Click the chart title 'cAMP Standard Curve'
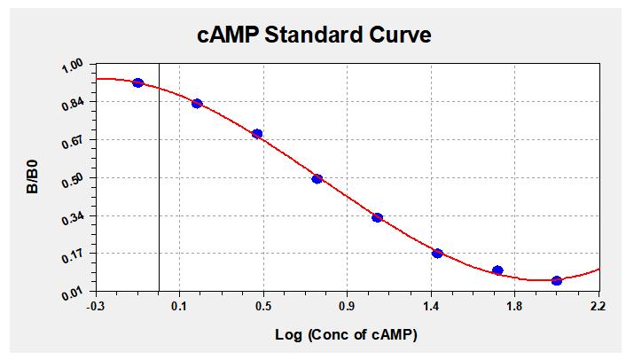pos(314,35)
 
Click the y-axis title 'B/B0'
pos(32,176)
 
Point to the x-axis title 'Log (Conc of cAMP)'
pos(347,335)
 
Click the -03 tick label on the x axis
pos(97,308)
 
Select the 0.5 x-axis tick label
pos(264,308)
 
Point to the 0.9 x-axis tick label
pos(348,308)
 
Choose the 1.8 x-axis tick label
pos(515,308)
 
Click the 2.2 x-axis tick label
pos(599,308)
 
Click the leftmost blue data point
pos(137,82)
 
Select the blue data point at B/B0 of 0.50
pos(317,179)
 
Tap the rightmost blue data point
pos(557,280)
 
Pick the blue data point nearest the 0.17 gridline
pos(437,254)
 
